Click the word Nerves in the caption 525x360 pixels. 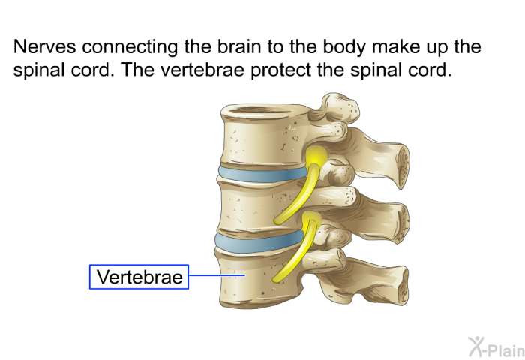(x=44, y=46)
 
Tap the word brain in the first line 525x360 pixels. (x=239, y=46)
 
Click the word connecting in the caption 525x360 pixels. (x=130, y=47)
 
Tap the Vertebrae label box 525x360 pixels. (x=139, y=277)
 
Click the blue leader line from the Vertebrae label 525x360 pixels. (x=217, y=275)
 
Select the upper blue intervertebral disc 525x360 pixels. (x=262, y=174)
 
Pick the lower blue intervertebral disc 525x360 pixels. (x=259, y=242)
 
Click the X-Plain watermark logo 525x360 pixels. (x=496, y=346)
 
